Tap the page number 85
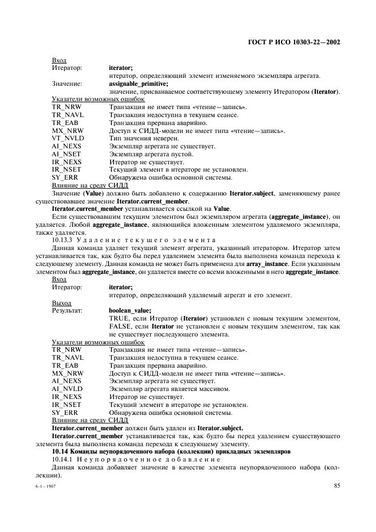(x=337, y=485)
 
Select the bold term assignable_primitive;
(x=136, y=84)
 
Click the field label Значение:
(x=67, y=84)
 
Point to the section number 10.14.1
(x=63, y=459)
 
